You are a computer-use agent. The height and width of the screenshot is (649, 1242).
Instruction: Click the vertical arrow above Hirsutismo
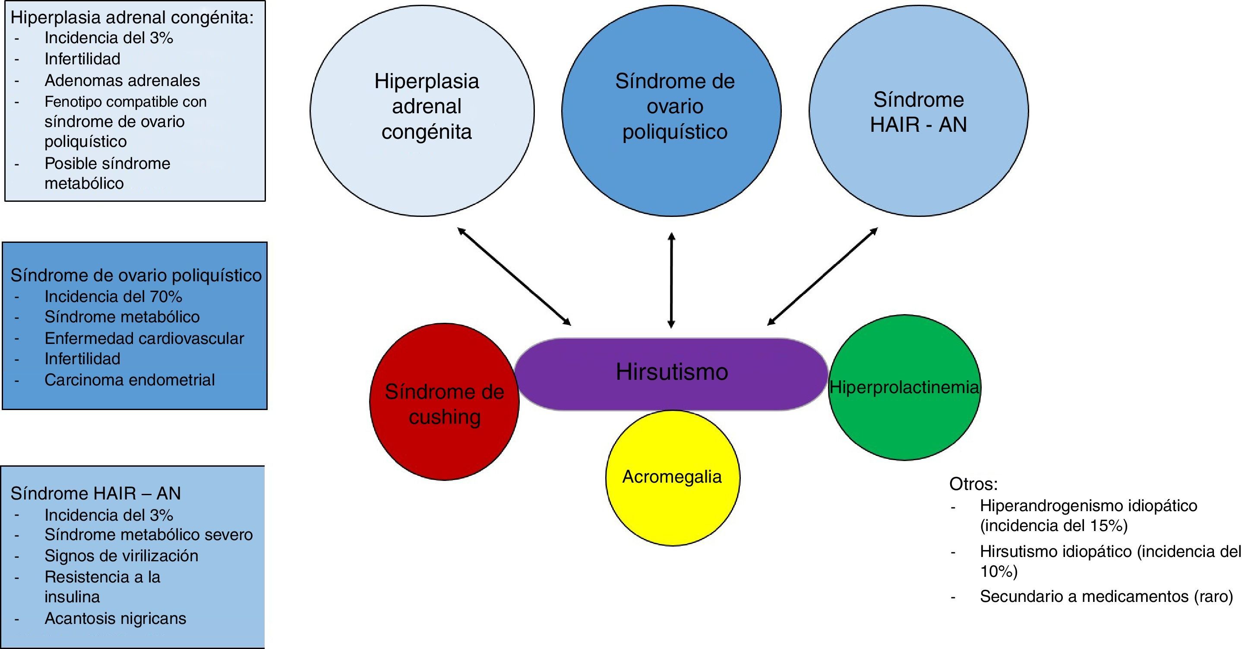(x=671, y=280)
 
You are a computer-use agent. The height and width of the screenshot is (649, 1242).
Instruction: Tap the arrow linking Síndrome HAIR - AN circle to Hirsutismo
(x=822, y=276)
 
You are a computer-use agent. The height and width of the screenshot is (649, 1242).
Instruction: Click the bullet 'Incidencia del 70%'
(x=113, y=296)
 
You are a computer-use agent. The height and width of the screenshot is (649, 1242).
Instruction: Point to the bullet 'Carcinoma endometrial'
(x=129, y=380)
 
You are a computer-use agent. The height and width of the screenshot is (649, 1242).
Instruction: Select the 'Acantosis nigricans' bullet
(x=115, y=618)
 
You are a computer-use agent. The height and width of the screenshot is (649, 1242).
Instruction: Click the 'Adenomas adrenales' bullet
(x=122, y=80)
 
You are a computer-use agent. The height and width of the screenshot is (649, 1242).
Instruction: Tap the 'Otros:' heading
(x=973, y=484)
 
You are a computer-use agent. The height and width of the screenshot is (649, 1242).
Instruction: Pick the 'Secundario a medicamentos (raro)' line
(x=1106, y=596)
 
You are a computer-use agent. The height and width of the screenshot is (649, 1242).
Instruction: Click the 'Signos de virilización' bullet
(x=121, y=556)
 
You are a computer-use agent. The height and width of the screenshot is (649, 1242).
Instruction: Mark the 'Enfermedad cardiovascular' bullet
(x=144, y=338)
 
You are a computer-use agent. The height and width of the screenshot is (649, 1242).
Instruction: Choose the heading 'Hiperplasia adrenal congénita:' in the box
(x=132, y=18)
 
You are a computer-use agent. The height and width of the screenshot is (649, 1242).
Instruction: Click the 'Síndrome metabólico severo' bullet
(x=149, y=534)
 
